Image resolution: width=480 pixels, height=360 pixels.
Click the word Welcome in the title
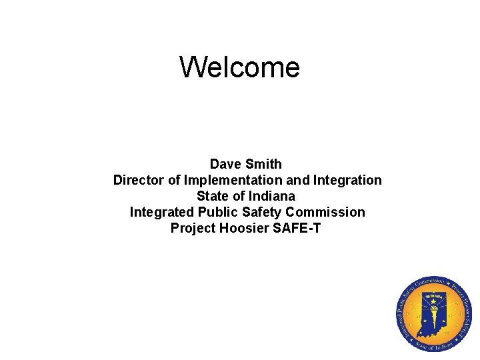pyautogui.click(x=239, y=67)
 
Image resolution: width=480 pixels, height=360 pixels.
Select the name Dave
pyautogui.click(x=226, y=164)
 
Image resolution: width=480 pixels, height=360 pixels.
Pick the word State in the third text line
pyautogui.click(x=213, y=196)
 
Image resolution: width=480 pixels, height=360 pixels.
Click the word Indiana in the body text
pyautogui.click(x=271, y=196)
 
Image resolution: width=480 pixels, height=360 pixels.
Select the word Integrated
pyautogui.click(x=161, y=212)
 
